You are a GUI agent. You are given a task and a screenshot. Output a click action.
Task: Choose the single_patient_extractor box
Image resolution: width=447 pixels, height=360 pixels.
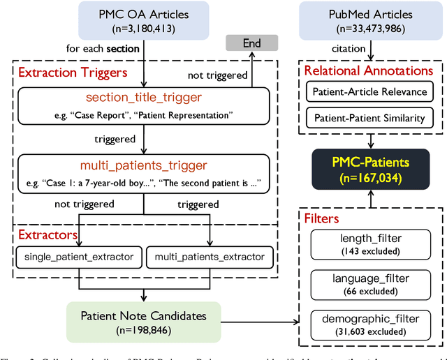click(x=79, y=257)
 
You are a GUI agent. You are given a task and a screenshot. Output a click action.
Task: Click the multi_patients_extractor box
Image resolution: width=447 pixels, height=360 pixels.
click(x=209, y=257)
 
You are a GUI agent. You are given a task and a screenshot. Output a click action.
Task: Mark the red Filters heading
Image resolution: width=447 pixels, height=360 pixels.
click(x=322, y=219)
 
